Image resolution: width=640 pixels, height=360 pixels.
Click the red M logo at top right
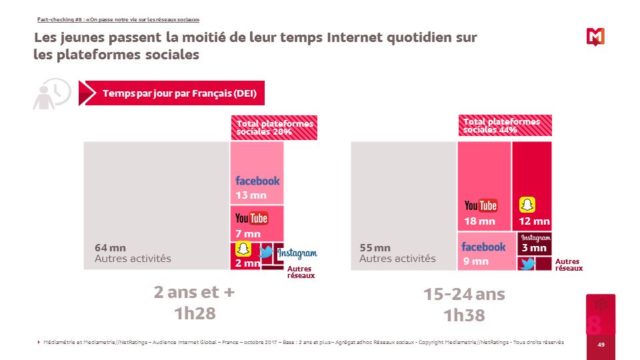click(x=595, y=37)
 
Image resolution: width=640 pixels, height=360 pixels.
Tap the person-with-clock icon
click(x=51, y=93)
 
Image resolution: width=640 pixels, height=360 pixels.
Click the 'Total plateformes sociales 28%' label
click(x=274, y=127)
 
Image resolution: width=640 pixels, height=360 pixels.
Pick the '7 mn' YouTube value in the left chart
click(x=247, y=234)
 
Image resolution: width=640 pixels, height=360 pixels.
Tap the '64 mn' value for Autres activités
click(x=110, y=247)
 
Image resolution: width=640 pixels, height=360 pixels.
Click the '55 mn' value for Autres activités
click(x=375, y=247)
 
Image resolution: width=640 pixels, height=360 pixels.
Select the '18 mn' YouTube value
click(x=479, y=221)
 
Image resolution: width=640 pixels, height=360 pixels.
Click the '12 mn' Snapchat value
click(x=534, y=221)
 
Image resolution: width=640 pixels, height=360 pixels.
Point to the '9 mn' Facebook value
click(x=475, y=261)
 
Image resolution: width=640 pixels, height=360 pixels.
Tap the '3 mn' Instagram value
click(x=534, y=248)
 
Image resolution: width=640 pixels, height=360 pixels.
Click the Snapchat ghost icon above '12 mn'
click(x=527, y=205)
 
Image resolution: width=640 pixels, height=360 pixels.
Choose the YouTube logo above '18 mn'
click(x=481, y=205)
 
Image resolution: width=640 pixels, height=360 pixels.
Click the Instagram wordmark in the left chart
click(x=297, y=253)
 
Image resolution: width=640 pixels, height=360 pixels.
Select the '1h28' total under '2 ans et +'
click(x=195, y=313)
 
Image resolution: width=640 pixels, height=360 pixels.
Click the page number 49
click(x=601, y=345)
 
